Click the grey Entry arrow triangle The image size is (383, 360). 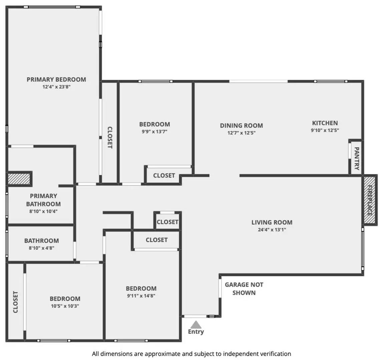click(x=196, y=325)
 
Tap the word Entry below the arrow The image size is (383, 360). click(x=196, y=332)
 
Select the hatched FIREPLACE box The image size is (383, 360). click(x=370, y=200)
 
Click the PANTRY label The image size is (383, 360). click(x=357, y=158)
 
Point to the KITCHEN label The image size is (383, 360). click(x=325, y=123)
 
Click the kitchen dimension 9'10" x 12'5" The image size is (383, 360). click(x=325, y=130)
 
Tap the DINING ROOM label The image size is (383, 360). click(x=242, y=125)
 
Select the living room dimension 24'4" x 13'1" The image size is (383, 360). click(x=272, y=230)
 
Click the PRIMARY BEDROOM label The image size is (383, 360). click(x=56, y=80)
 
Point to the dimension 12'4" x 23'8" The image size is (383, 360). click(x=56, y=87)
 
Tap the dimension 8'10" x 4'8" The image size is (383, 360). click(x=41, y=248)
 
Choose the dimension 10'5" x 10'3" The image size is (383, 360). click(x=65, y=306)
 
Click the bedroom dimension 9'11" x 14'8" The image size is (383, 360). click(x=141, y=296)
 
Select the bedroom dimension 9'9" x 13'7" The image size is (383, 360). click(x=154, y=132)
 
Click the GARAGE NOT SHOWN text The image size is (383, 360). click(x=244, y=289)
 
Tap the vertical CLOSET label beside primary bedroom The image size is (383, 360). click(x=110, y=137)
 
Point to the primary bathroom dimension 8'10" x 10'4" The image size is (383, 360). click(x=43, y=212)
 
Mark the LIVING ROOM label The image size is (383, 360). click(x=272, y=222)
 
